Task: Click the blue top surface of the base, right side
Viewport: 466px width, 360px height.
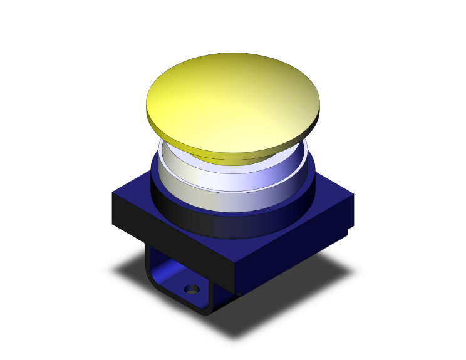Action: pos(329,197)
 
